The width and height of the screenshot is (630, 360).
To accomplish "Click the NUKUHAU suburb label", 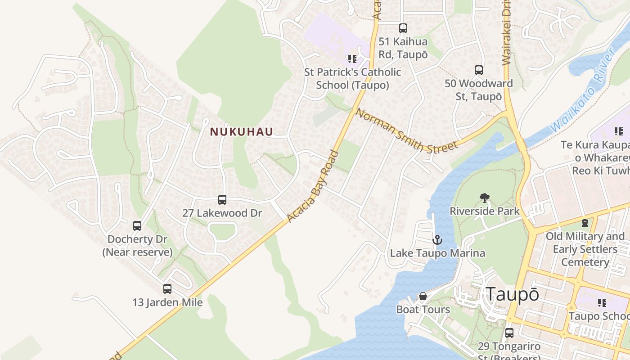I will [x=242, y=132].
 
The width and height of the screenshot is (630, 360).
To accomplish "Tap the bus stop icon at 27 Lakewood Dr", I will [x=222, y=199].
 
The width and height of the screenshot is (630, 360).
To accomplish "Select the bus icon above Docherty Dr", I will [x=137, y=225].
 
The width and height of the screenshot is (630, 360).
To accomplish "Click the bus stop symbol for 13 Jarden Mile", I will [x=167, y=288].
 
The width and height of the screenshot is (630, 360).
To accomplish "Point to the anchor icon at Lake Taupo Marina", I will [x=437, y=240].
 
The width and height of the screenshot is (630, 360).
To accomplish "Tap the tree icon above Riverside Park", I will [x=484, y=198].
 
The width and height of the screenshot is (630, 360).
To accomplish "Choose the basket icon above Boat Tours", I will [x=423, y=296].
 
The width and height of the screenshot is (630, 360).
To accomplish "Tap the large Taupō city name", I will [x=512, y=295].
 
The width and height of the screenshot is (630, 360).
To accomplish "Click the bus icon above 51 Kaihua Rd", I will [x=403, y=28].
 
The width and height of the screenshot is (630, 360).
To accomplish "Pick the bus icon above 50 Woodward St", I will [x=478, y=70].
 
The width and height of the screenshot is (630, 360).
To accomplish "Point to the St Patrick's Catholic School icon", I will [x=352, y=58].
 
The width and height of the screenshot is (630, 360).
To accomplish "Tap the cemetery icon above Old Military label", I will [x=585, y=222].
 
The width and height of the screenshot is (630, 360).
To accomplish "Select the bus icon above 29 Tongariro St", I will [x=509, y=333].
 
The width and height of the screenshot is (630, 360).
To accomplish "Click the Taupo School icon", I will [x=602, y=303].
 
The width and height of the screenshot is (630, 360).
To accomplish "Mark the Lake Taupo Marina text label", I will [x=437, y=253].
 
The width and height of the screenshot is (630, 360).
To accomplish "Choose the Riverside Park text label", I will [x=485, y=211].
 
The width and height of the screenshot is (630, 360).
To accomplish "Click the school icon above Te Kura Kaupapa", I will [x=618, y=131].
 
